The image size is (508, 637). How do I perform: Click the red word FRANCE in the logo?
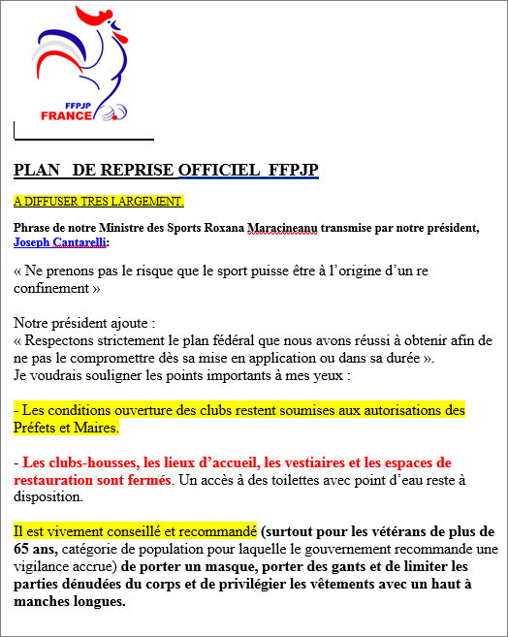tap(67, 115)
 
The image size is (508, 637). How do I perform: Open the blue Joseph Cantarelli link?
tap(60, 241)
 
